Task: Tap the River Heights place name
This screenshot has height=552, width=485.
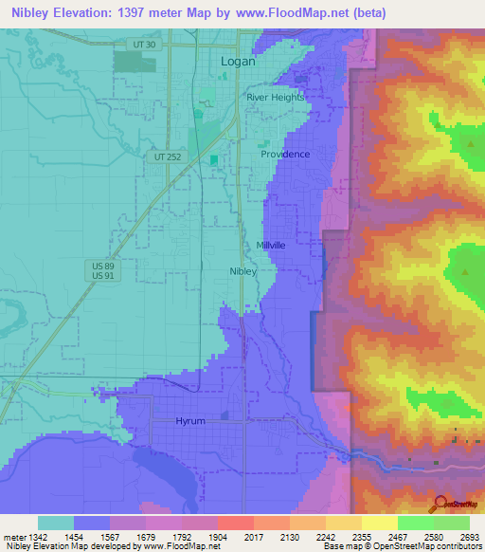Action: (276, 97)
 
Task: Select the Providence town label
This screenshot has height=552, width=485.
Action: (285, 154)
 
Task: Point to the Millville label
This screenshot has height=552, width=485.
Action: (271, 245)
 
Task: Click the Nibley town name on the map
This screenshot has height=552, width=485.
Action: (243, 270)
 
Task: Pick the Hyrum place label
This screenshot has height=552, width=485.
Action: (190, 420)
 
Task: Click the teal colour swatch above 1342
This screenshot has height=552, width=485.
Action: (56, 523)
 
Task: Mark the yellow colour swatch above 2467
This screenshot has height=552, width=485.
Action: (379, 523)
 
